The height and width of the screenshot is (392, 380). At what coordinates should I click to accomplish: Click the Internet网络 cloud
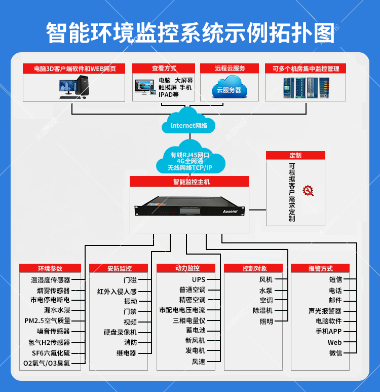188,121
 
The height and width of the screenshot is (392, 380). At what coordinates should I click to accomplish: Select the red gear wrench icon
308,191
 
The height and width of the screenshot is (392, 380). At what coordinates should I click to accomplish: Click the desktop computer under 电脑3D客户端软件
74,87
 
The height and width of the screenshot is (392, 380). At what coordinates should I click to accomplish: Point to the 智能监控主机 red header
189,182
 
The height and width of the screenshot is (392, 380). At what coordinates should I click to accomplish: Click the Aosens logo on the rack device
230,211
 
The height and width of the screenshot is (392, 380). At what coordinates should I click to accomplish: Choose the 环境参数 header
50,268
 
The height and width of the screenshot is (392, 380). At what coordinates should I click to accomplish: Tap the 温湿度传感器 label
51,280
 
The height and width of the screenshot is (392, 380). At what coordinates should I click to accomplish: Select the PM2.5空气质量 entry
47,320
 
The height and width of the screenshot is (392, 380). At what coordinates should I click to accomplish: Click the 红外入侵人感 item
117,292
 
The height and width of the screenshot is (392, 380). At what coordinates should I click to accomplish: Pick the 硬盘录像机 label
120,332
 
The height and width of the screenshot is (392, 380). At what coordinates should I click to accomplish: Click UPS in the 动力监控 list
199,279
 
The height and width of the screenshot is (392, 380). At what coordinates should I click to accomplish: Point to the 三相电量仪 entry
189,320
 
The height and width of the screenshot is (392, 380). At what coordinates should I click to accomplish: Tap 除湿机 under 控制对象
262,310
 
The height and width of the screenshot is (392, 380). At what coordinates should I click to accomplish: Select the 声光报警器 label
325,311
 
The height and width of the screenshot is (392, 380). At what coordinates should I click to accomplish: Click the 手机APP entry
328,331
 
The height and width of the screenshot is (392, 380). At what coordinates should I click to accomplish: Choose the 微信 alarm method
335,353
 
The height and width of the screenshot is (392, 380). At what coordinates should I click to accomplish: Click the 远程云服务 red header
230,68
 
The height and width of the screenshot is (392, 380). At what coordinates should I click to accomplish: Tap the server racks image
307,88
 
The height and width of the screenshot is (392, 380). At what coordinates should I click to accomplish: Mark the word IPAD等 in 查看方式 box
168,95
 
